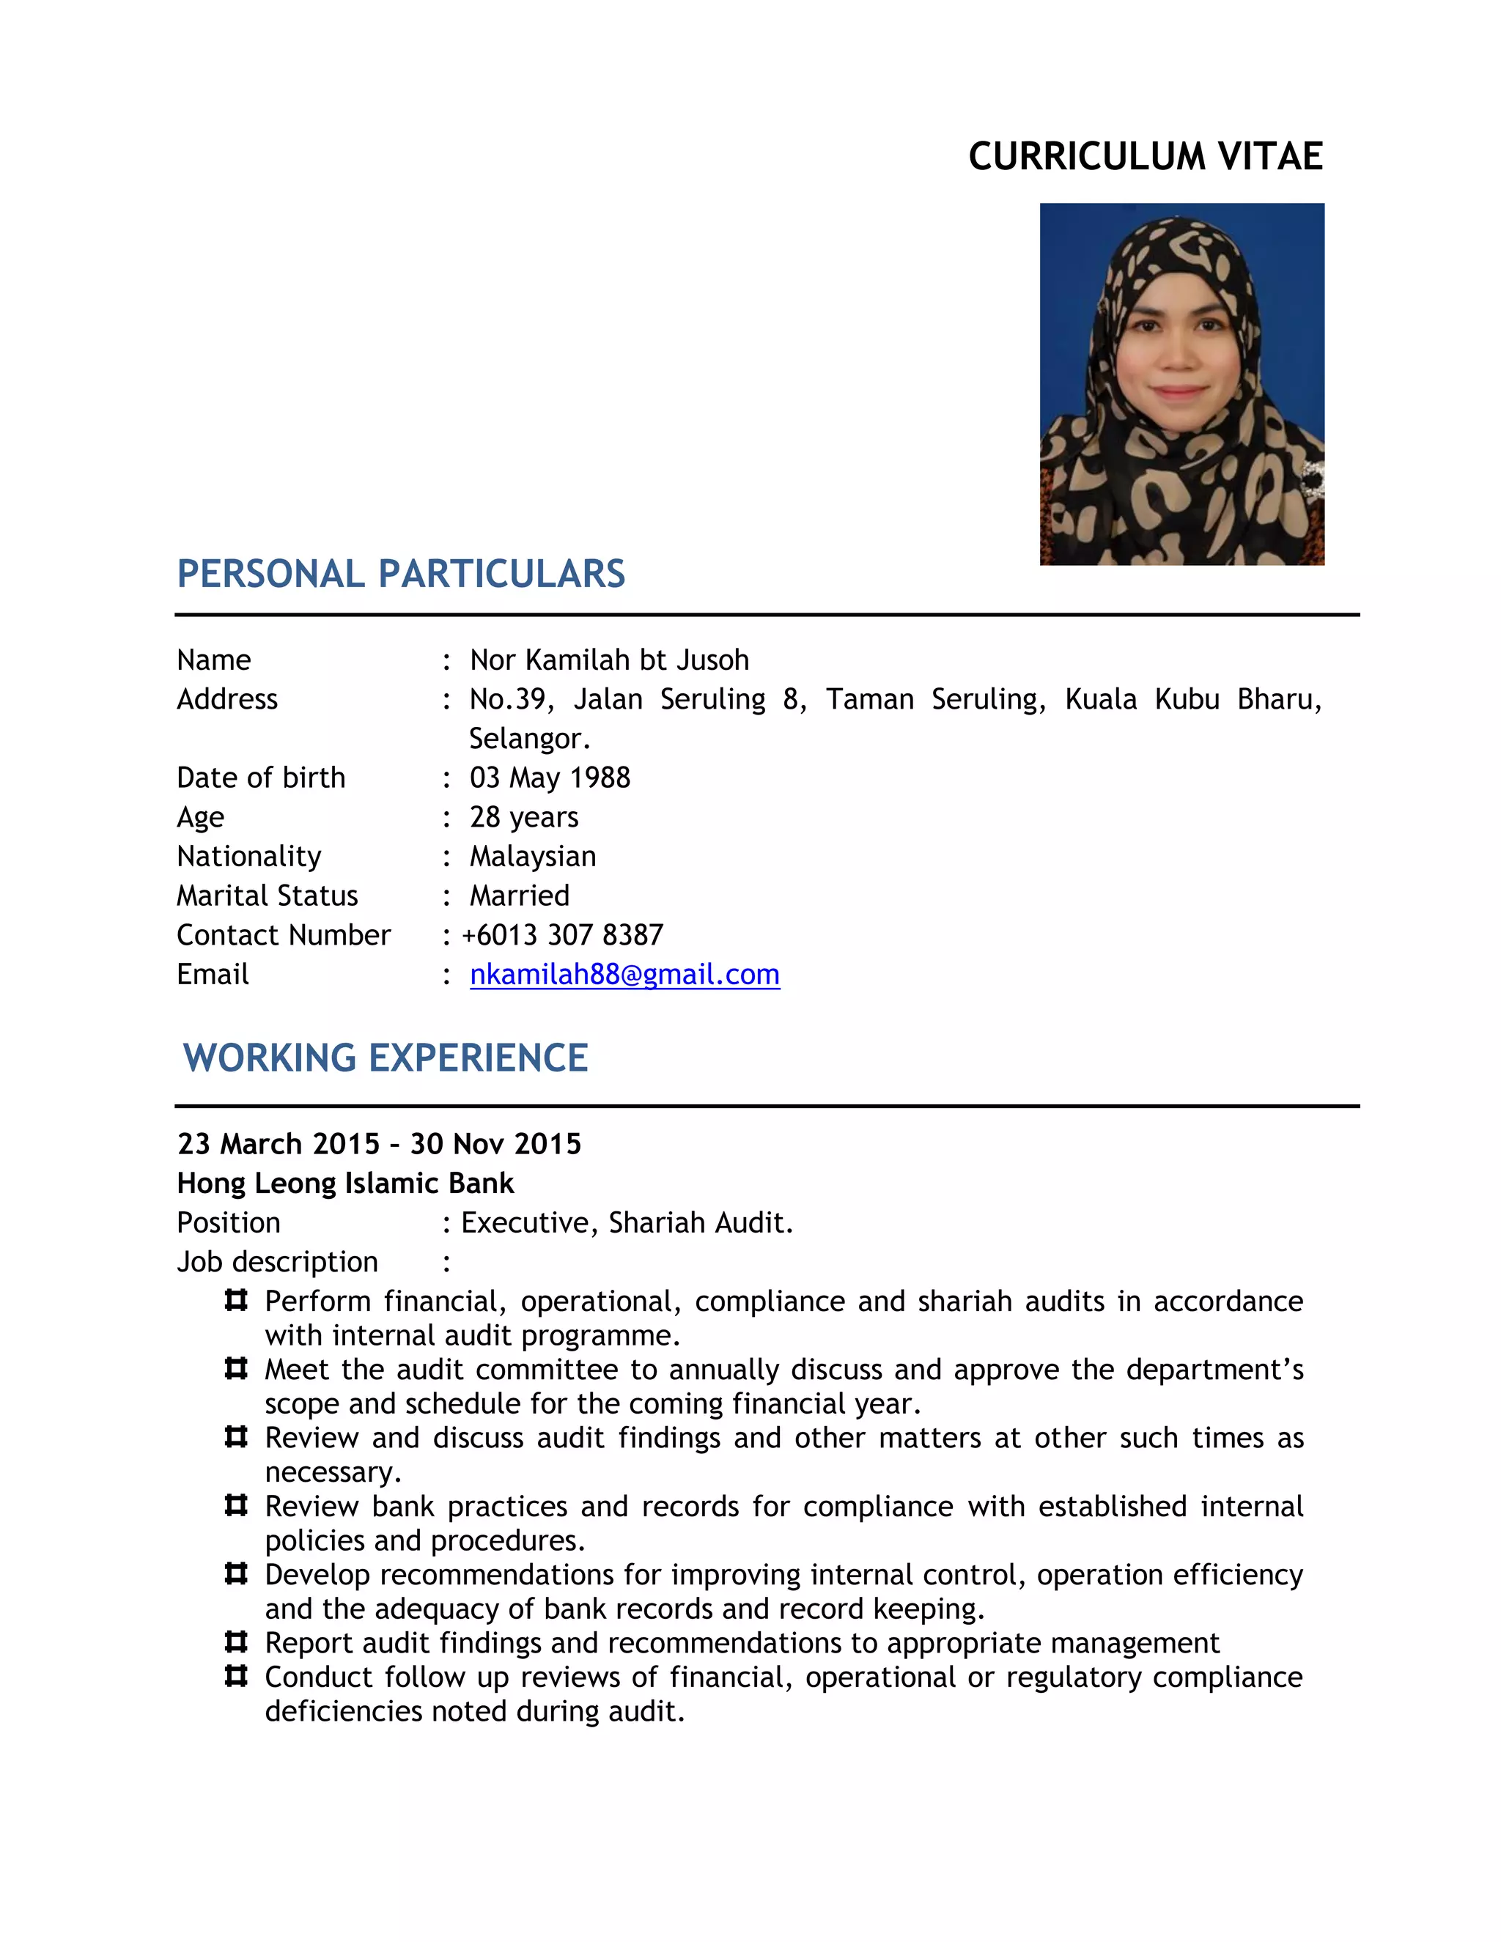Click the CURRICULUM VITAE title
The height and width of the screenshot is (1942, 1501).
click(x=1146, y=157)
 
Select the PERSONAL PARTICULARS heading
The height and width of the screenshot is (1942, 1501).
click(x=401, y=575)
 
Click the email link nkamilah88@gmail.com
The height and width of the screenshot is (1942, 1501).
click(x=624, y=975)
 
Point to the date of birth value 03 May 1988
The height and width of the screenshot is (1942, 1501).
click(x=550, y=778)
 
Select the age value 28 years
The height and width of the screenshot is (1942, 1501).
click(x=524, y=817)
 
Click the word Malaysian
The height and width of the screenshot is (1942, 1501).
click(x=533, y=856)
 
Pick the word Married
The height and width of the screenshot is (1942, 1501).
click(x=520, y=896)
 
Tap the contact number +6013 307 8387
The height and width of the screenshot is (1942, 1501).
click(x=563, y=935)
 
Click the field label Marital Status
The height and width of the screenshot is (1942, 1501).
click(x=267, y=896)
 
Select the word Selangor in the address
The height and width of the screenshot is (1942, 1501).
click(x=528, y=739)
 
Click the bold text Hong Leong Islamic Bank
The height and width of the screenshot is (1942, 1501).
click(x=345, y=1184)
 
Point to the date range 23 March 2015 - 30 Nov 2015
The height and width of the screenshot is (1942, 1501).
click(x=379, y=1145)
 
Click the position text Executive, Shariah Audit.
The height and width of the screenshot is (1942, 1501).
click(x=627, y=1222)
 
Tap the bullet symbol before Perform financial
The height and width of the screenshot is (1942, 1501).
click(x=236, y=1301)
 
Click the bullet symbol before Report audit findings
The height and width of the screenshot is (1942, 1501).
click(x=236, y=1641)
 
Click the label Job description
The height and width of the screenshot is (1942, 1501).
click(x=278, y=1262)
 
